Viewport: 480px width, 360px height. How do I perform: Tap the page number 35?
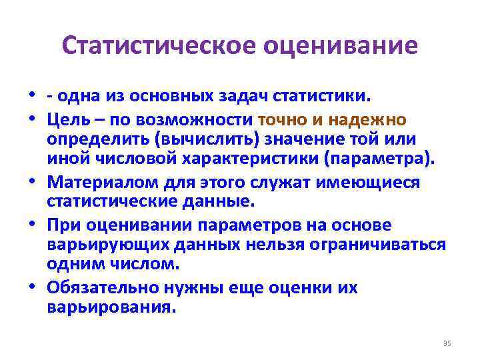(x=447, y=343)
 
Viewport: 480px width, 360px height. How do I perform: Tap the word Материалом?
(x=99, y=183)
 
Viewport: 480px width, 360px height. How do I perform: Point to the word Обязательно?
(x=101, y=288)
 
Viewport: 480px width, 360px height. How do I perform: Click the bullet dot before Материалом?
(x=31, y=183)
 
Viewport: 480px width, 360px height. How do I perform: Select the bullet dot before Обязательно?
(x=31, y=288)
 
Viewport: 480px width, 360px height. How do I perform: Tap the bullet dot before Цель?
(x=31, y=120)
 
